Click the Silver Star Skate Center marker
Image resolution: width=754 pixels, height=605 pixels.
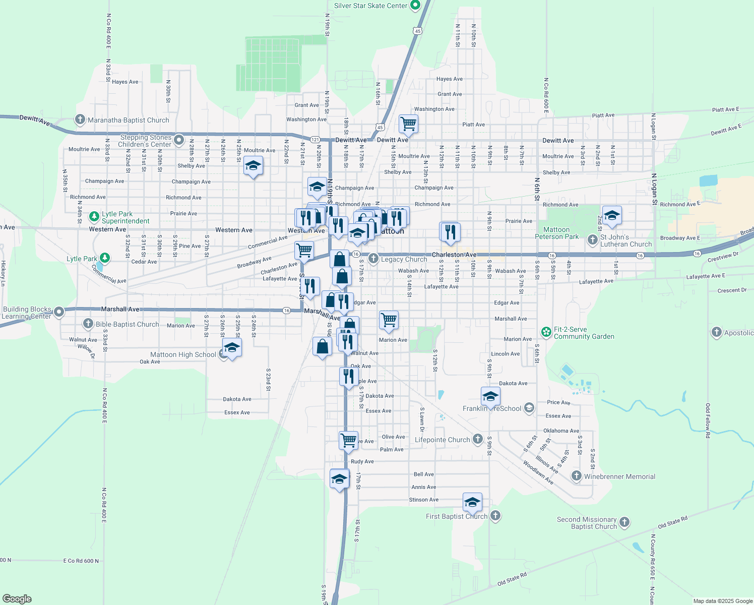click(x=415, y=6)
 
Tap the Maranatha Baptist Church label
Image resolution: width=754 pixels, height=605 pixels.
click(x=129, y=120)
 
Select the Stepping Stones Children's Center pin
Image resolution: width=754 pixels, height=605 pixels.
click(x=179, y=139)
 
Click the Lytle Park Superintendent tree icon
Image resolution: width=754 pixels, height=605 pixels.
click(x=94, y=217)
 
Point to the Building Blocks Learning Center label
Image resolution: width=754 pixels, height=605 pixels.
click(x=27, y=313)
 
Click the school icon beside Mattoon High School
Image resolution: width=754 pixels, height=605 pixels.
click(x=232, y=347)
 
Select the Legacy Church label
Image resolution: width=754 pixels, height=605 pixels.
click(x=404, y=259)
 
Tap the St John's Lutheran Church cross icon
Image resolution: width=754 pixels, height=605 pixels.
click(x=593, y=240)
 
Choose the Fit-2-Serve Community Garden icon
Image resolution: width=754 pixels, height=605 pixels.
click(x=546, y=332)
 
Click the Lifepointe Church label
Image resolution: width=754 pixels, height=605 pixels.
click(x=442, y=440)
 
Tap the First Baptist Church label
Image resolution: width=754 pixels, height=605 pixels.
click(x=457, y=516)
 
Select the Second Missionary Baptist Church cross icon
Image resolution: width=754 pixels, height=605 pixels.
click(x=624, y=522)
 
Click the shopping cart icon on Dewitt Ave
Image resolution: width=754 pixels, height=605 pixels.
click(x=408, y=123)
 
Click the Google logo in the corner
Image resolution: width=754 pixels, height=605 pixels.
click(x=17, y=599)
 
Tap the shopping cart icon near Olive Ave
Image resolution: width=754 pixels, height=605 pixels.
click(x=349, y=440)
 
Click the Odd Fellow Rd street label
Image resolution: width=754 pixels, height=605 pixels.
click(x=708, y=420)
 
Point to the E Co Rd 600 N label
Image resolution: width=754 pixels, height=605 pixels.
click(x=81, y=561)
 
